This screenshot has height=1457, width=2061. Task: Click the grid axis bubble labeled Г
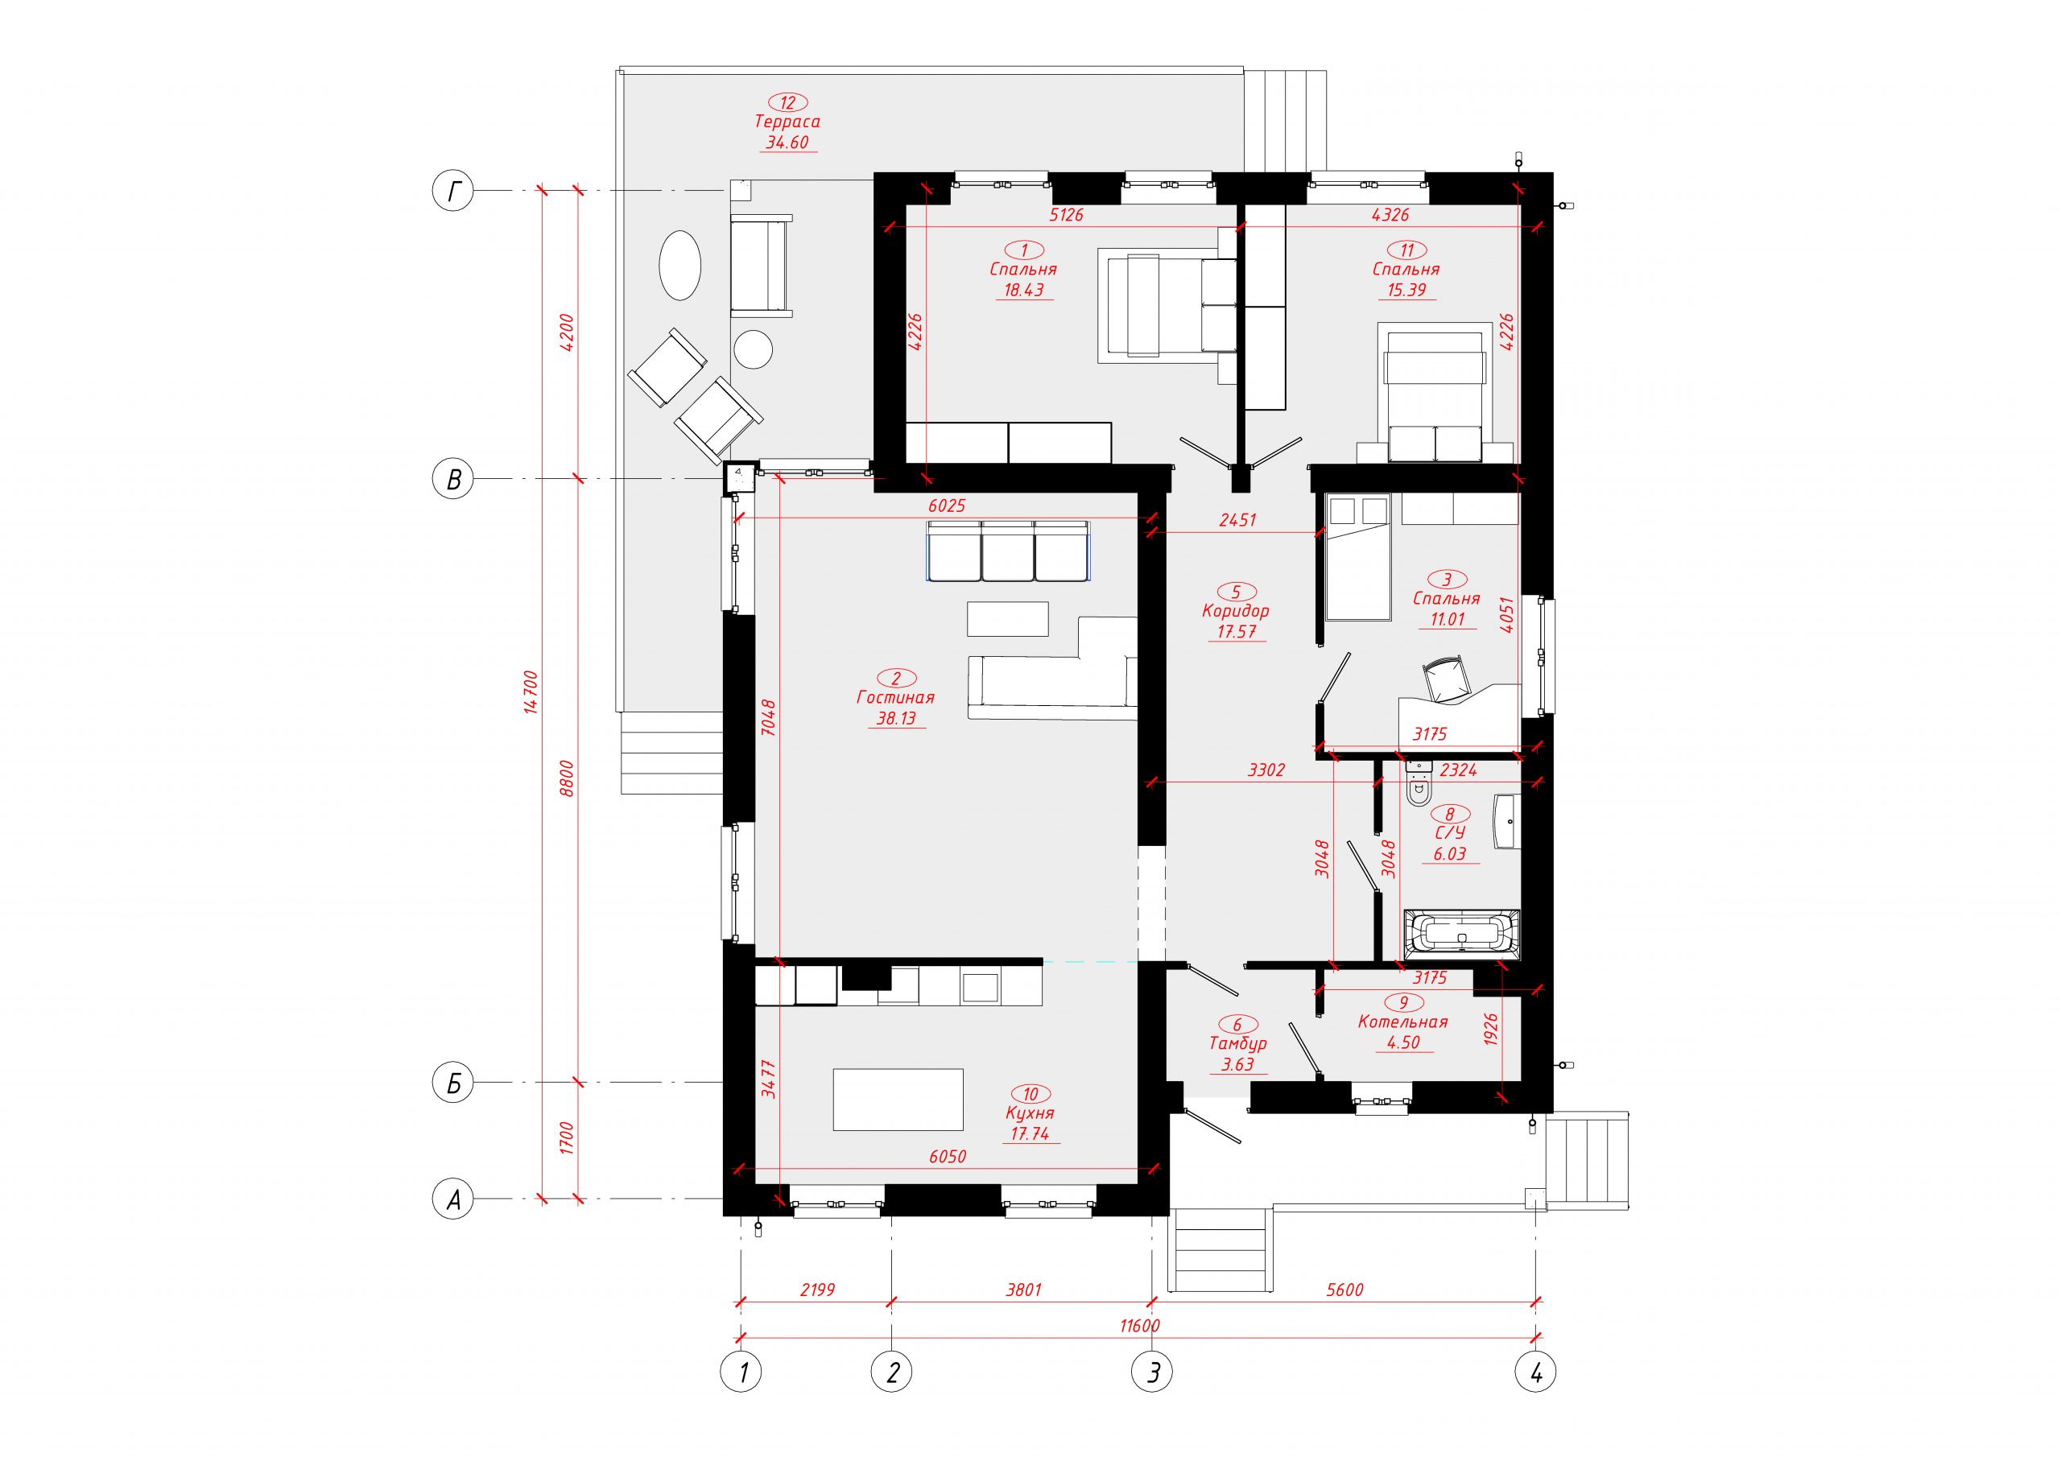(453, 192)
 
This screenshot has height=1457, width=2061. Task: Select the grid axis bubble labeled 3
(1153, 1372)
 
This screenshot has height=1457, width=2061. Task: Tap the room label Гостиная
(896, 698)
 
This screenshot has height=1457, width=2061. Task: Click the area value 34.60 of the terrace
(787, 142)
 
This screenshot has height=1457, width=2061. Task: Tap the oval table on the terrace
(679, 266)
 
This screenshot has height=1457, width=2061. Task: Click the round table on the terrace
(752, 349)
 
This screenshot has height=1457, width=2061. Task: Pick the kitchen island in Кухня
(898, 1099)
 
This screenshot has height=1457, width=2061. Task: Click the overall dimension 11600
(1139, 1326)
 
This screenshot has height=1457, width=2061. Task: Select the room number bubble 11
(1406, 250)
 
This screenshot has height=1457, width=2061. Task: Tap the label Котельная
(1402, 1022)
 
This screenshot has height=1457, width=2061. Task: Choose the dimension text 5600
(1344, 1290)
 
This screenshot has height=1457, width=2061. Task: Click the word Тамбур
(1238, 1044)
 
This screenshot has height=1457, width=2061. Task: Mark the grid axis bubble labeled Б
(453, 1084)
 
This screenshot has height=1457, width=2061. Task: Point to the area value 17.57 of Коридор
(1236, 631)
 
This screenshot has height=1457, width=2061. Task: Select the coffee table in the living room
(1007, 618)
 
